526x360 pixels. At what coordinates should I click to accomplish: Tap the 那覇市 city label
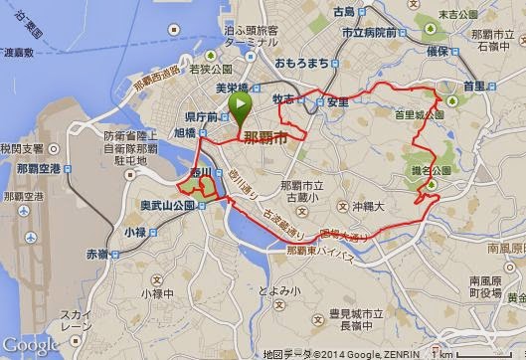(x=266, y=135)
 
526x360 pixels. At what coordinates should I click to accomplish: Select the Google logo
(x=31, y=345)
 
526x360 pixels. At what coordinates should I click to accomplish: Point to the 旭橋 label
(x=184, y=132)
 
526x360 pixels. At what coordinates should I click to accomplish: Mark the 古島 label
(x=344, y=12)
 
